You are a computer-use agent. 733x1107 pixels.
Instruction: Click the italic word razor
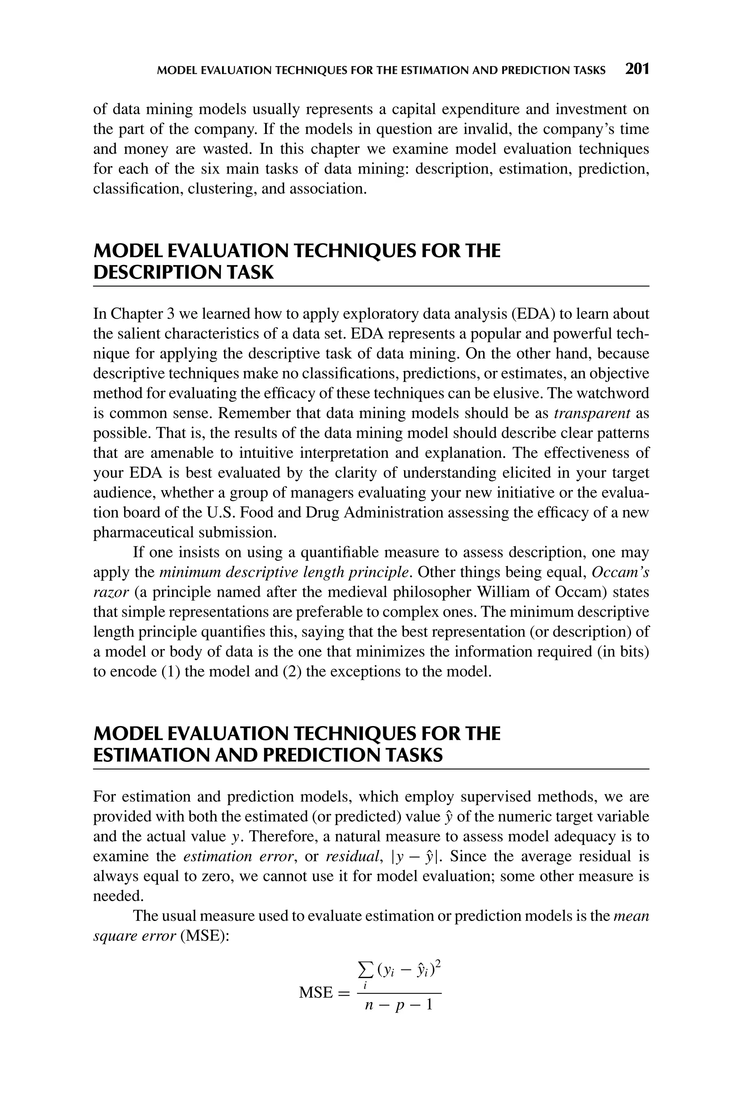[111, 592]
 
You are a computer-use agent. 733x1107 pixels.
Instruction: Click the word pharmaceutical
[144, 532]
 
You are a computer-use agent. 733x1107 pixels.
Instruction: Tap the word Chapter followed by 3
[136, 314]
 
